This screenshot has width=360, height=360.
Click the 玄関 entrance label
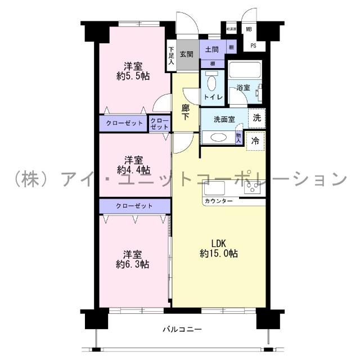click(x=187, y=55)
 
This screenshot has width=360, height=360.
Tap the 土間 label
click(x=211, y=50)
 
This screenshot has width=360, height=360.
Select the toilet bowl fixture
click(x=211, y=85)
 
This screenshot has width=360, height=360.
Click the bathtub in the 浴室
click(x=245, y=72)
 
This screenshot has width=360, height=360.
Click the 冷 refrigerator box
click(x=255, y=140)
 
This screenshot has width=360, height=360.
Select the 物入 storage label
click(x=239, y=137)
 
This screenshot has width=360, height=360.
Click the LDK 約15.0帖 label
click(x=218, y=249)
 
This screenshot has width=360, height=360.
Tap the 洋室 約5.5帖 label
click(x=133, y=70)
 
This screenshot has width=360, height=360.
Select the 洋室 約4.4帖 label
click(x=133, y=164)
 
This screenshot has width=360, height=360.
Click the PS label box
click(x=253, y=46)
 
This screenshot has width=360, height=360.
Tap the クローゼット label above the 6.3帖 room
click(x=134, y=206)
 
